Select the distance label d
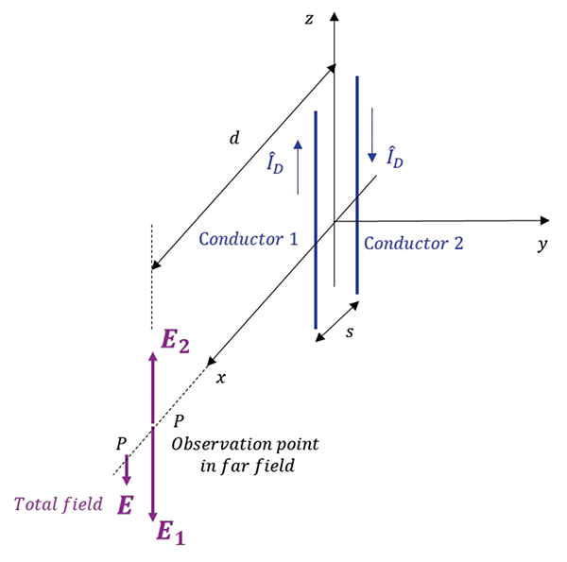[234, 139]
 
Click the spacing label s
[349, 333]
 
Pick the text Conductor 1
[248, 240]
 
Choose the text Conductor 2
[413, 243]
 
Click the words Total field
[57, 503]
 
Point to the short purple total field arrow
[127, 468]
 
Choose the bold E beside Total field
[124, 505]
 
